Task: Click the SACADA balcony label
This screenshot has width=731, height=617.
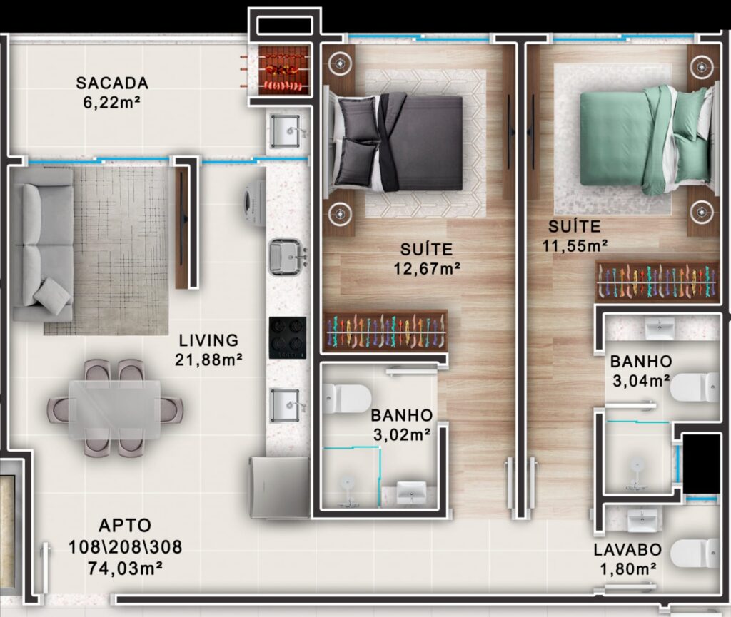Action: point(112,83)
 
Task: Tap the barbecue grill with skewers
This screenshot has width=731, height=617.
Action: point(284,71)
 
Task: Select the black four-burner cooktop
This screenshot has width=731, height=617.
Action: point(288,337)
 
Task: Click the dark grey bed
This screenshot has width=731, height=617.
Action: point(396,143)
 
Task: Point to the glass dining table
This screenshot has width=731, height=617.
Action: point(115,409)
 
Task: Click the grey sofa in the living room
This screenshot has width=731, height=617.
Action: point(43,252)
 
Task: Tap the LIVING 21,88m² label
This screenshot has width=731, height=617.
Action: point(208,350)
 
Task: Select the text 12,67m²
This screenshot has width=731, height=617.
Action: point(427,269)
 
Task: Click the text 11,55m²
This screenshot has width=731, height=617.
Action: point(575,245)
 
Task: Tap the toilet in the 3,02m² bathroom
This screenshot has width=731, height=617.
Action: point(348,398)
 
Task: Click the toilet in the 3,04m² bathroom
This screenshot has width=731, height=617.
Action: point(695,387)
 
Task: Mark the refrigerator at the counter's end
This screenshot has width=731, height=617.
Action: point(280,487)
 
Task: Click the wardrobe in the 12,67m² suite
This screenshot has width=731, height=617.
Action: point(385,331)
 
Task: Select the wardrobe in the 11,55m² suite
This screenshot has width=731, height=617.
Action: point(657,281)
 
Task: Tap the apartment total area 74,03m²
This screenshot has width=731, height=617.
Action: point(124,568)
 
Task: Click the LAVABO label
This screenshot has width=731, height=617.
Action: point(627,549)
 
